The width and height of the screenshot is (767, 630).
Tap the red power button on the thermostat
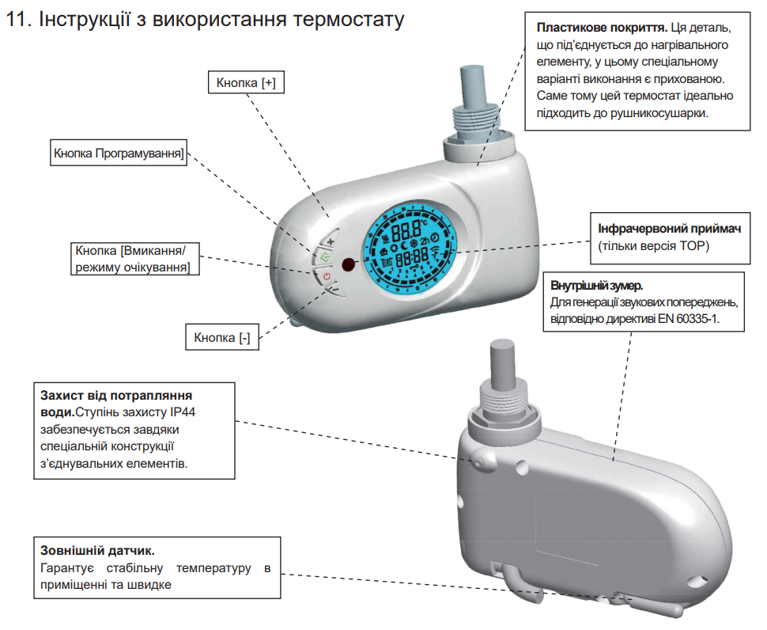327,275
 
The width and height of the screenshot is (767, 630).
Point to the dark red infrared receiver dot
348,265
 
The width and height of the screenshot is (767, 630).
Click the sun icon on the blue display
393,249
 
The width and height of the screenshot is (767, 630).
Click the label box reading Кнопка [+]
245,82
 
